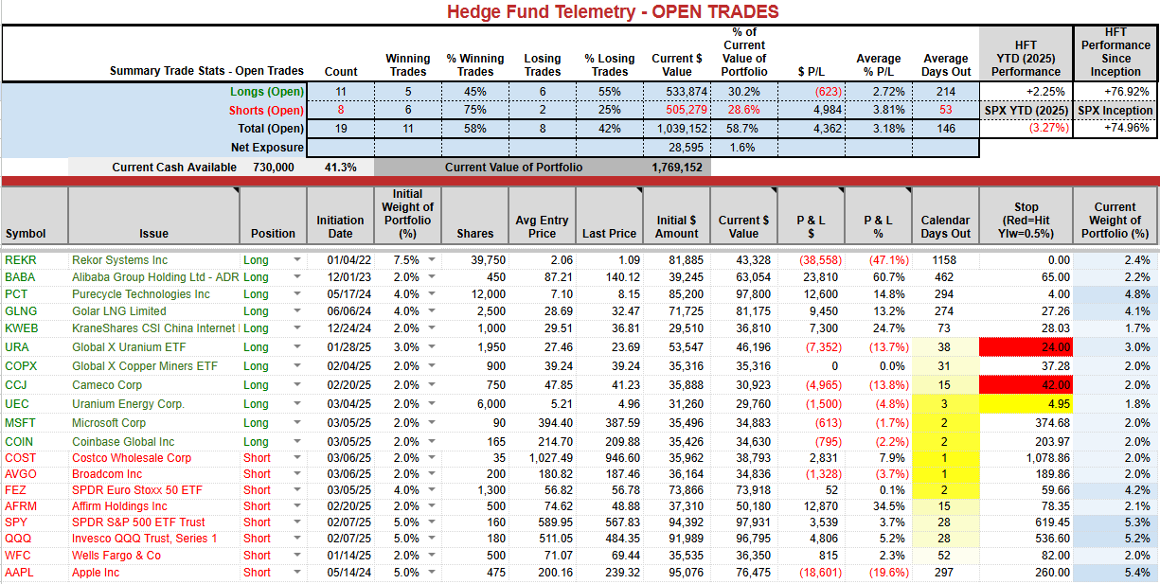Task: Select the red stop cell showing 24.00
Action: pyautogui.click(x=1026, y=346)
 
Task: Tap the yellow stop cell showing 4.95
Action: pyautogui.click(x=1026, y=404)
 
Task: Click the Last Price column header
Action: pyautogui.click(x=609, y=234)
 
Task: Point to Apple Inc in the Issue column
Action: pyautogui.click(x=96, y=572)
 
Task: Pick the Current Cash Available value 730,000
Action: pyautogui.click(x=274, y=168)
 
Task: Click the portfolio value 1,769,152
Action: pyautogui.click(x=677, y=168)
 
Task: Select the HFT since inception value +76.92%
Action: pyautogui.click(x=1126, y=92)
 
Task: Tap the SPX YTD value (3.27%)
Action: pyautogui.click(x=1048, y=128)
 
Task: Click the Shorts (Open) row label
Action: pyautogui.click(x=266, y=111)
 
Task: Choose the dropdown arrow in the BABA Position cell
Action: pyautogui.click(x=297, y=276)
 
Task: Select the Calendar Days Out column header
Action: pyautogui.click(x=946, y=227)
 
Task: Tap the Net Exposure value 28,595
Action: pyautogui.click(x=686, y=148)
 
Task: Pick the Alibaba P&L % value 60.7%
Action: pyautogui.click(x=888, y=277)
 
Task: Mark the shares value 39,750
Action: pyautogui.click(x=488, y=260)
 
